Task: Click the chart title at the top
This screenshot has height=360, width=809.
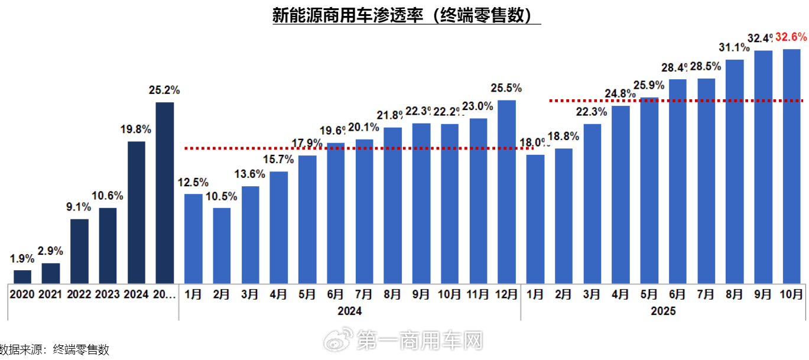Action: (x=407, y=15)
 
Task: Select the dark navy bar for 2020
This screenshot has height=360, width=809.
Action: (x=22, y=276)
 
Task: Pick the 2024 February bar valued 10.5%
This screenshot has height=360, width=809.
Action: (x=222, y=245)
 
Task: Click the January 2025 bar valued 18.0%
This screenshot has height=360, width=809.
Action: (x=535, y=218)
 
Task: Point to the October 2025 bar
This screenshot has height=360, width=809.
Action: (x=791, y=166)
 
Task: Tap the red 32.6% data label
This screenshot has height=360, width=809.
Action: (x=791, y=37)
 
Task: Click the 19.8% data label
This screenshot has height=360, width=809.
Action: (x=136, y=129)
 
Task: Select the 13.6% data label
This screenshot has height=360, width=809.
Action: (x=250, y=174)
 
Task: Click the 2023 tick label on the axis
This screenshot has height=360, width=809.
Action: (x=108, y=294)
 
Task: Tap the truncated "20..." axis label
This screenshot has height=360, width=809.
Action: (x=164, y=294)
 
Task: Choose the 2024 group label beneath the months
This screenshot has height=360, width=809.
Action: (x=349, y=311)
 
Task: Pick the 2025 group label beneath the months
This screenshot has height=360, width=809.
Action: (x=663, y=311)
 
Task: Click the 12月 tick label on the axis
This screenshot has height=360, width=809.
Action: (x=506, y=294)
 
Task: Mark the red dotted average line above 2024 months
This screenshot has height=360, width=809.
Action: (x=355, y=148)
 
